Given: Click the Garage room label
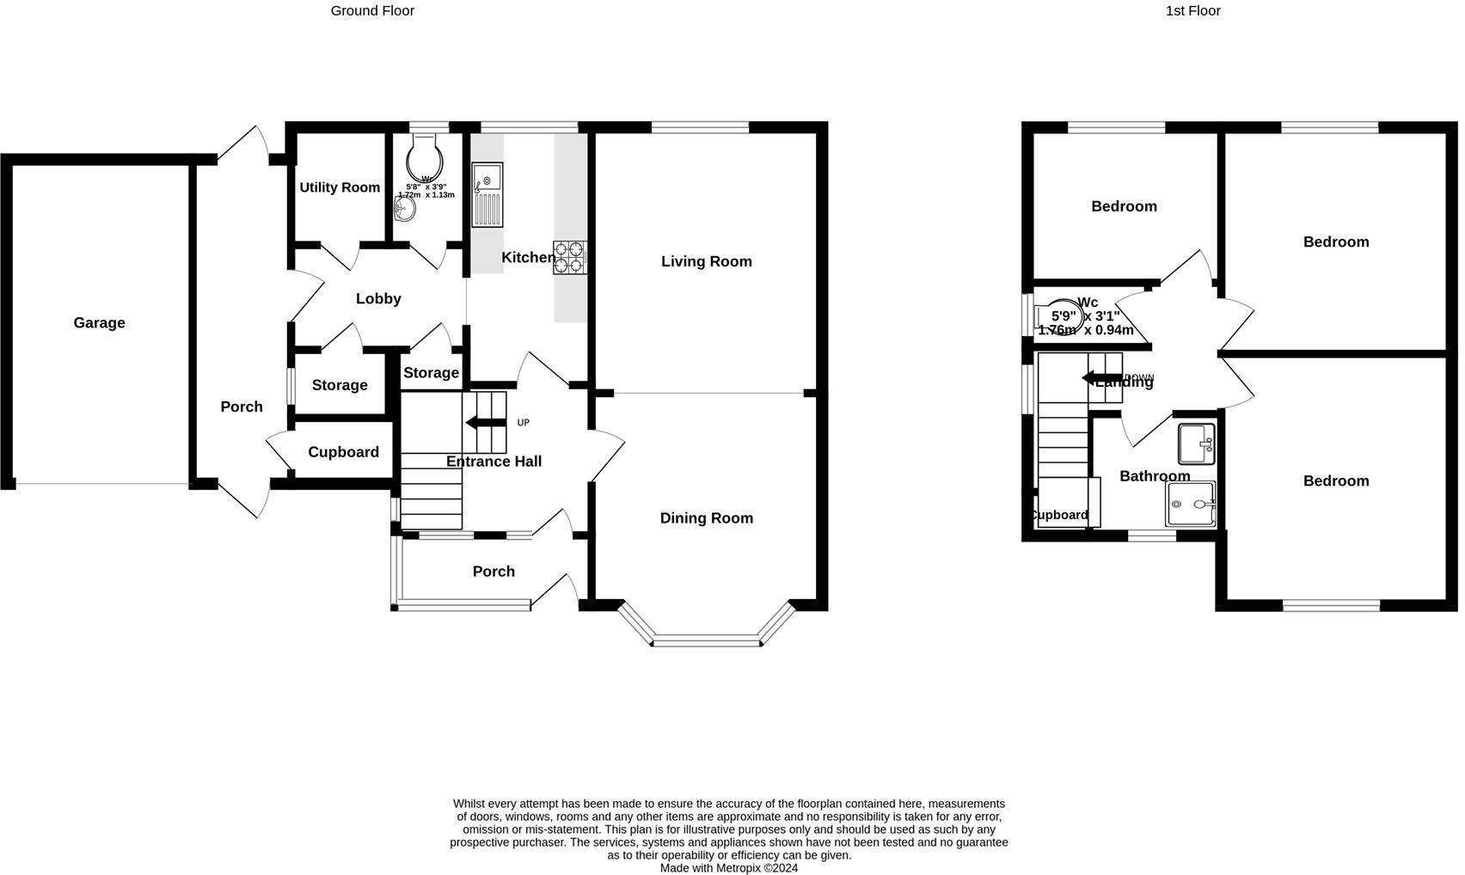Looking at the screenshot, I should [99, 322].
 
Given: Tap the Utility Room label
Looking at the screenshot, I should [340, 187].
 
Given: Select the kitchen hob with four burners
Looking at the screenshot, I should [568, 257].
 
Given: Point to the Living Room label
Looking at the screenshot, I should [706, 261].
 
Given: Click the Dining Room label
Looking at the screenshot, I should [706, 517].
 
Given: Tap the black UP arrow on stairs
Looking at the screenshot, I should [485, 422].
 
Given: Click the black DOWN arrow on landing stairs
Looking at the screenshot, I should [1100, 377].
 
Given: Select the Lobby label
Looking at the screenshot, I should [378, 298].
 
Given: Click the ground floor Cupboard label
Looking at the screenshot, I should [343, 452].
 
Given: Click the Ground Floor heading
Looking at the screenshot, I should [372, 10].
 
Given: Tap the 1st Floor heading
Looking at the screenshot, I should [1192, 10].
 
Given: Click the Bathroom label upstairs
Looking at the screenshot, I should [1154, 475].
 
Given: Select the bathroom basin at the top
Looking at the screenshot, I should [1196, 443].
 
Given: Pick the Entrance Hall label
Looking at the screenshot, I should [493, 462].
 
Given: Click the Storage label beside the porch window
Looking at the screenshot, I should [340, 385].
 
